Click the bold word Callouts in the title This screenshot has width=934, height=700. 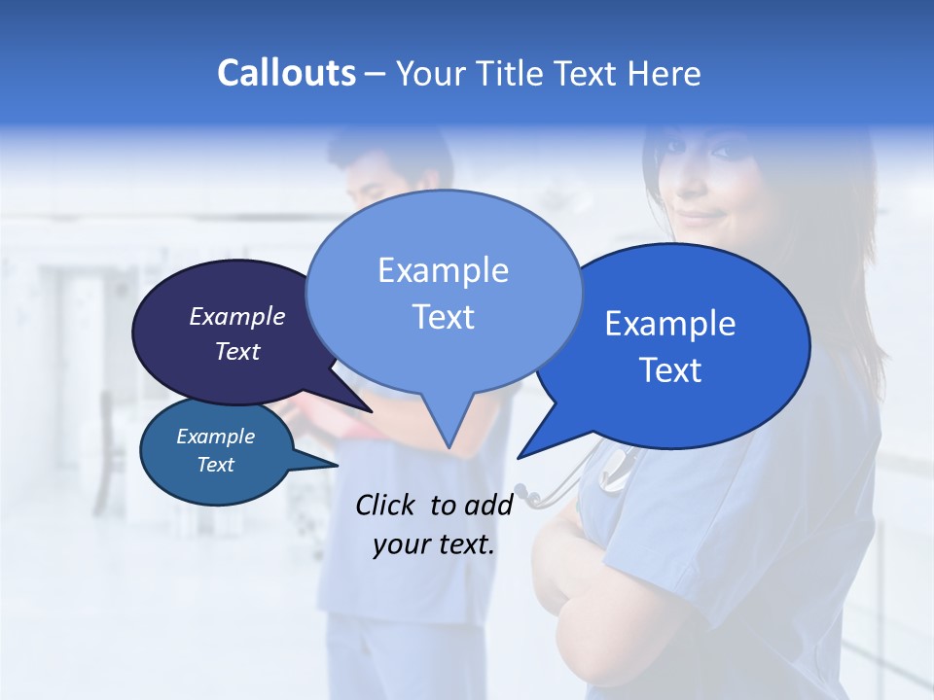tap(286, 73)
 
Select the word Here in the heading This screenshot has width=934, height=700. tap(665, 74)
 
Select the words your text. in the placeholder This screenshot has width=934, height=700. tap(434, 544)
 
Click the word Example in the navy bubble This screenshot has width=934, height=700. tap(237, 316)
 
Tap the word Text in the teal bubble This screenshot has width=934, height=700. tap(216, 465)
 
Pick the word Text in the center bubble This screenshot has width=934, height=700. tap(444, 317)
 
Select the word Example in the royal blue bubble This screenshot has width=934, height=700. tap(670, 324)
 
